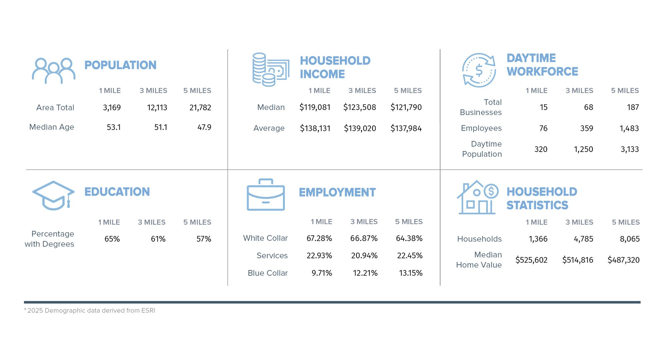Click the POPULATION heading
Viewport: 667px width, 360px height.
120,65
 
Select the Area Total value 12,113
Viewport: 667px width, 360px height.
157,108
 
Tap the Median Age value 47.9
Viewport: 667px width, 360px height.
204,127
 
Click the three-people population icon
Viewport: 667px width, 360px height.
53,71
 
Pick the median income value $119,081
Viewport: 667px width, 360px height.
315,107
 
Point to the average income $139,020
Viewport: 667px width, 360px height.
360,128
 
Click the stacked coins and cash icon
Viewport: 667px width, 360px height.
270,70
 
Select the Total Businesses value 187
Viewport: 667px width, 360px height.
633,107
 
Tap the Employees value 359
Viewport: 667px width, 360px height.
587,128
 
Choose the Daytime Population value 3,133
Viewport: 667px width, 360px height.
630,149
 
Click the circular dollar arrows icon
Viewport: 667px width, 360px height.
479,70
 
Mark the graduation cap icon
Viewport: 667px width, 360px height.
53,195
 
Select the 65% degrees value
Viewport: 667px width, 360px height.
112,239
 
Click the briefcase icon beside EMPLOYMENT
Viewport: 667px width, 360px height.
266,195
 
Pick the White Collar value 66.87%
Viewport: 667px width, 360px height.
364,238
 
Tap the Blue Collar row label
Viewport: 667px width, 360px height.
267,273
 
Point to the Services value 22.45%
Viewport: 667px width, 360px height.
410,256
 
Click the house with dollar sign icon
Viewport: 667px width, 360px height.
477,198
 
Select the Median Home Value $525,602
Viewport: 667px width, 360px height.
531,260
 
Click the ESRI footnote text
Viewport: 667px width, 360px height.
90,311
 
